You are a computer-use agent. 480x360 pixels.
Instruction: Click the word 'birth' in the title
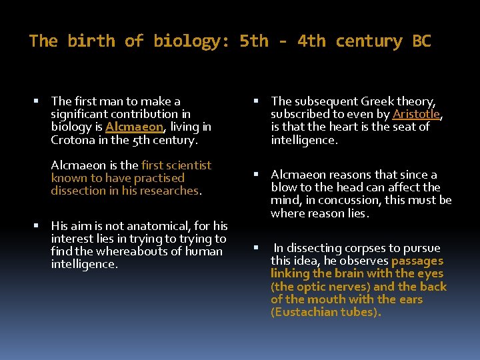click(x=95, y=41)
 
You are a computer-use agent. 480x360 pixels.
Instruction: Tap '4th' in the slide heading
click(x=311, y=41)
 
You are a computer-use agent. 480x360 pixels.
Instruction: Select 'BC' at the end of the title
click(x=421, y=41)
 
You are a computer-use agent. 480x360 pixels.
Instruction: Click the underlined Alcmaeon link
click(x=134, y=127)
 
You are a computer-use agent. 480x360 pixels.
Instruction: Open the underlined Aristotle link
click(x=416, y=114)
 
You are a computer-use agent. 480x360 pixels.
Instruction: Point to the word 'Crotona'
click(x=73, y=140)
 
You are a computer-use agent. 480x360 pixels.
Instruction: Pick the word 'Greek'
click(x=377, y=101)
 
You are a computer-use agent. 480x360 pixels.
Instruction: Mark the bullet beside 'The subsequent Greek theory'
click(x=256, y=101)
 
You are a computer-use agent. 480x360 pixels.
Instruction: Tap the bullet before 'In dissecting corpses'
click(x=256, y=248)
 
